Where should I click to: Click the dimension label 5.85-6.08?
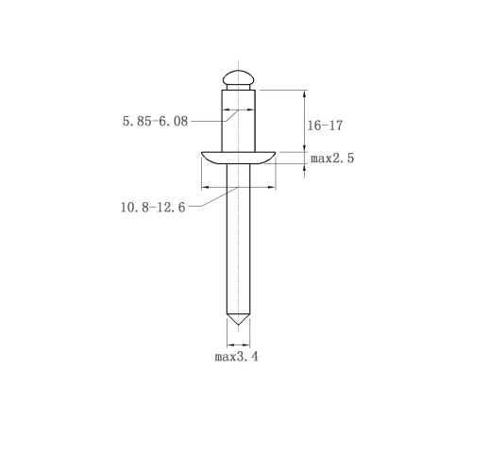(x=155, y=121)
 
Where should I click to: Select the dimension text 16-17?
(x=325, y=126)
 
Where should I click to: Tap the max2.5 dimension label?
(x=332, y=158)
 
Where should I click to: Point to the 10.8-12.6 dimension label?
(x=153, y=208)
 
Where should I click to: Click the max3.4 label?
(x=236, y=357)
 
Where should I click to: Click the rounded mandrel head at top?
(x=238, y=77)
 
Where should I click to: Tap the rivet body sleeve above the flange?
(x=239, y=121)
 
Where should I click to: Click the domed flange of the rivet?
(x=238, y=158)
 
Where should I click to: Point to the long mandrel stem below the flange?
(x=239, y=239)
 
